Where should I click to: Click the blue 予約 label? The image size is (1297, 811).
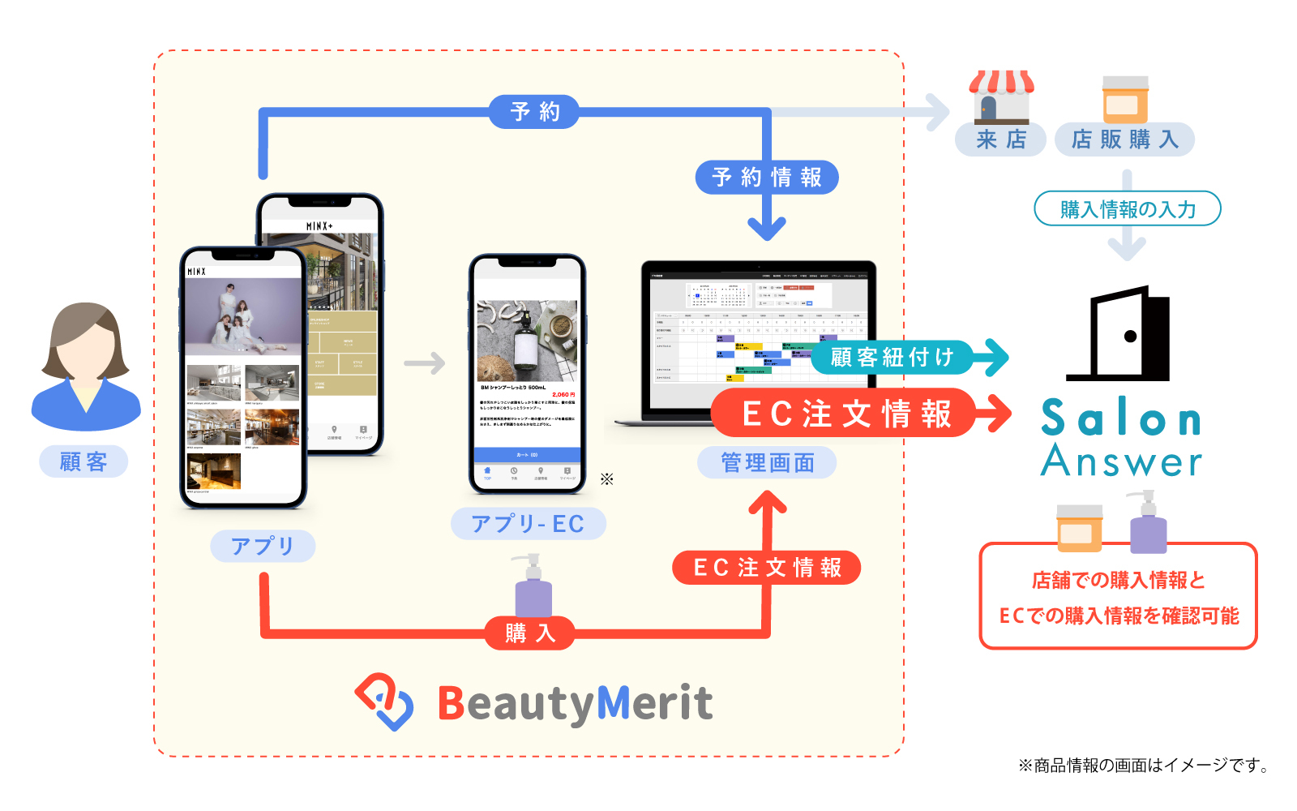(534, 111)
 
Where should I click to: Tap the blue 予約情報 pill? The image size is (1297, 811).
(766, 178)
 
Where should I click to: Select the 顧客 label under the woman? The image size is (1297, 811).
(83, 461)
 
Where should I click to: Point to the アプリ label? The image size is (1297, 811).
(262, 546)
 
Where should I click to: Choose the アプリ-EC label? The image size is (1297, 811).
(528, 524)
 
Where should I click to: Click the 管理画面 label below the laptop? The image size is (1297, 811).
(767, 462)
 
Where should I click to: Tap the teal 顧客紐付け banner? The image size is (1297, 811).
(892, 357)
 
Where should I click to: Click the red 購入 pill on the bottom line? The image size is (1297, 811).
(530, 633)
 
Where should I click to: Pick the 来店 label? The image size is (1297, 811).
(1000, 139)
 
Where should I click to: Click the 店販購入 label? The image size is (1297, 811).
(1124, 139)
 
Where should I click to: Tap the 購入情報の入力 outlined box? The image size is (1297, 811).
(1127, 209)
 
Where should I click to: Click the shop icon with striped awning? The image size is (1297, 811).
(1002, 97)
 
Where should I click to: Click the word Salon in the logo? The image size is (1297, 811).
(1120, 418)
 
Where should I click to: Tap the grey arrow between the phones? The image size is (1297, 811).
(425, 363)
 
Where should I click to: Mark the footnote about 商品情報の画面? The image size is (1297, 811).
(1143, 765)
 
